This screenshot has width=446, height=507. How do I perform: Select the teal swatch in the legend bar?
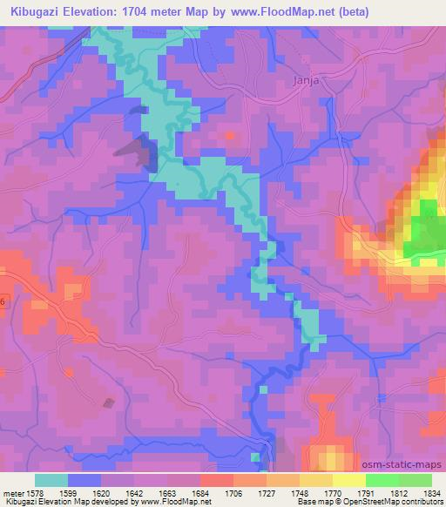point(51,479)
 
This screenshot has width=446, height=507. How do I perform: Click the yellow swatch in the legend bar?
point(348,479)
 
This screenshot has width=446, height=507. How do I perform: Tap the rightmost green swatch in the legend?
point(415,479)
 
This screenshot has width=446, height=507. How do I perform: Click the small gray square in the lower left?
point(109,402)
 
